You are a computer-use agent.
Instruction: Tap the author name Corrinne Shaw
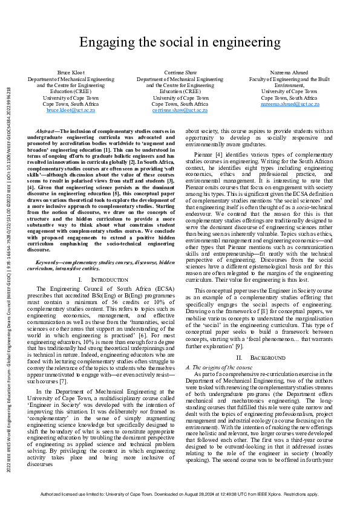click(180, 72)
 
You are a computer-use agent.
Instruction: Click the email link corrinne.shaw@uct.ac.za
click(180, 111)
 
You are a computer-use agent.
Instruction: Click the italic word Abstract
click(45, 131)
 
